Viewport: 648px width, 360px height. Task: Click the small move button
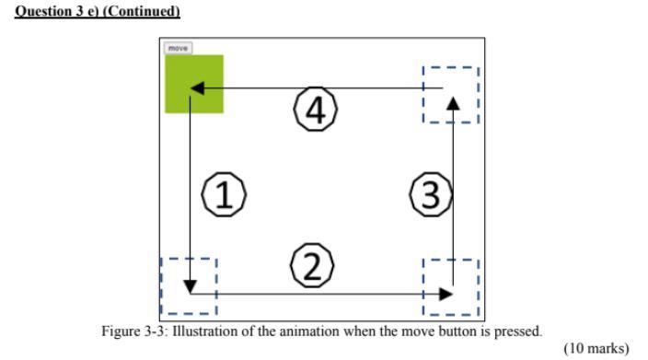click(178, 48)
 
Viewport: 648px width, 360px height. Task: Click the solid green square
click(193, 84)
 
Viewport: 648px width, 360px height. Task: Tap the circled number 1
click(223, 195)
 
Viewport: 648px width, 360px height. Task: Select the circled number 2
click(311, 267)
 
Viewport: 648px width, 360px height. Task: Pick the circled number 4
click(315, 111)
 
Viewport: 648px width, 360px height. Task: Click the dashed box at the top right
click(450, 94)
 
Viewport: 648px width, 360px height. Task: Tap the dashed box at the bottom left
click(189, 286)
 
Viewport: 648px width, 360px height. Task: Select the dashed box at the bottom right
click(450, 286)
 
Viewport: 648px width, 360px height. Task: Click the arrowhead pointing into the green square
click(196, 88)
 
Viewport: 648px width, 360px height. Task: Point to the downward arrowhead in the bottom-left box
click(190, 286)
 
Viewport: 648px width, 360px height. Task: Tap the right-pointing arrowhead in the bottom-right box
click(446, 294)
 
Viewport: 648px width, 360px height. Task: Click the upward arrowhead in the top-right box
click(452, 100)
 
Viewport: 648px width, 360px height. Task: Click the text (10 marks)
click(596, 348)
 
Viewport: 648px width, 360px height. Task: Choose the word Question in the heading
click(41, 12)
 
